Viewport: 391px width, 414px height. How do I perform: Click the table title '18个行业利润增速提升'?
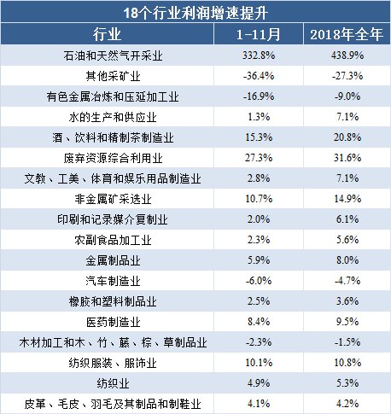coord(195,13)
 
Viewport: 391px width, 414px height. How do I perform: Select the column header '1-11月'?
coord(259,34)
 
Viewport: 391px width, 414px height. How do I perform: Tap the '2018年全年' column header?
coord(347,34)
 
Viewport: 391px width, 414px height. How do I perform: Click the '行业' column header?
coord(107,34)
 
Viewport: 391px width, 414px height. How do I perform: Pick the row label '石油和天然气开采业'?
coord(113,55)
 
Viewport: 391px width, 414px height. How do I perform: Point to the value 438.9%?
coord(347,55)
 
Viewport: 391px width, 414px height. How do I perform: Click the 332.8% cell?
coord(259,55)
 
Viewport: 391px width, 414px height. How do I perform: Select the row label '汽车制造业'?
coord(113,281)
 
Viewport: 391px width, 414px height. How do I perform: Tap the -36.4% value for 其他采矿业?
coord(259,76)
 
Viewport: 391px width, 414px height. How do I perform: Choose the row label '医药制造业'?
coord(113,322)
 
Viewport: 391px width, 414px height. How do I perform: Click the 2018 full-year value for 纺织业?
coord(347,383)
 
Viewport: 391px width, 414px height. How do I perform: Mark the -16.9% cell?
coord(259,96)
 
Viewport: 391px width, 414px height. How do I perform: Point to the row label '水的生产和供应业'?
coord(113,117)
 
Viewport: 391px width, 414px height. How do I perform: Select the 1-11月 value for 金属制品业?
coord(259,260)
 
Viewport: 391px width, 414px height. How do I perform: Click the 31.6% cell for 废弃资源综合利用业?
coord(347,158)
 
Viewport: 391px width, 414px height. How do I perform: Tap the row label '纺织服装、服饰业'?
coord(113,363)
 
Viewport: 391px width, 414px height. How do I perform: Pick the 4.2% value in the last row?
coord(347,404)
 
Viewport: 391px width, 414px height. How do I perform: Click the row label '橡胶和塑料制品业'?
coord(113,301)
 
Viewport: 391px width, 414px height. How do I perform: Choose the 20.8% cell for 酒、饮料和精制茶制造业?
coord(347,137)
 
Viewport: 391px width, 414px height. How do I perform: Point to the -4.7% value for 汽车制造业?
coord(347,281)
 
